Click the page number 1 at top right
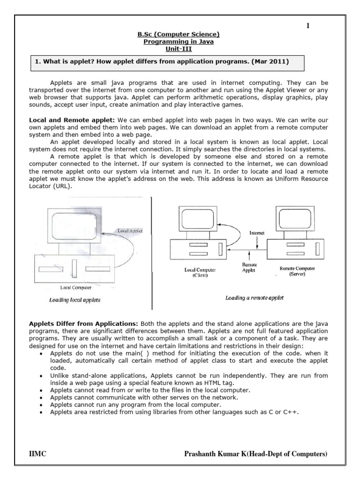[x=308, y=26]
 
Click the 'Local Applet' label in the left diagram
[x=130, y=231]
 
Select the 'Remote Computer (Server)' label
[x=298, y=271]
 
